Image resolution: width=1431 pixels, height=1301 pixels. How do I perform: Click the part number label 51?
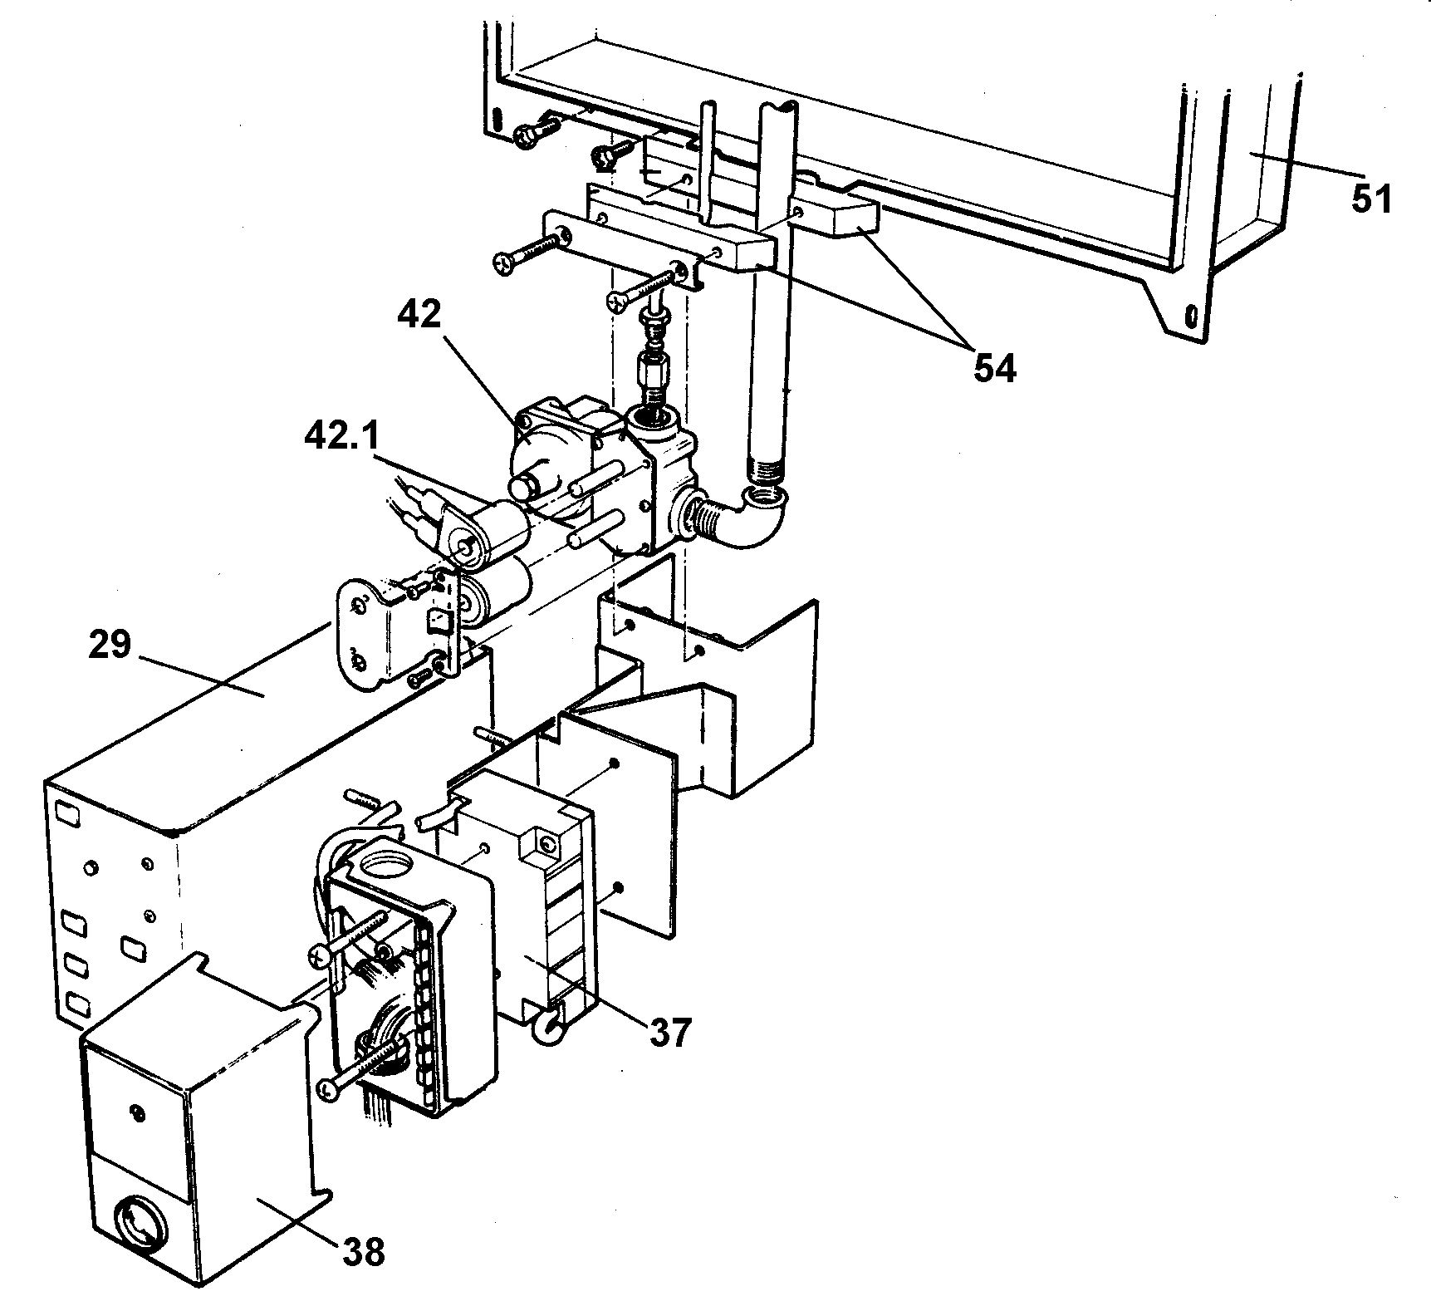(x=1370, y=199)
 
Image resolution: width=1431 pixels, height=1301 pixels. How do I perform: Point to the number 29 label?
(x=110, y=644)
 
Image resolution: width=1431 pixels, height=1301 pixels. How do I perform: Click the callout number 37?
(x=669, y=1033)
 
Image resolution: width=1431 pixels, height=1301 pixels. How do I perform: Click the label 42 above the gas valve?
(x=419, y=315)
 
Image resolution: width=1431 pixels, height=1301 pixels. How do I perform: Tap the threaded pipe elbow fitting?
(x=752, y=519)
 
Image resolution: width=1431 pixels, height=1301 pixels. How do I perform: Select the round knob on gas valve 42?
(x=528, y=486)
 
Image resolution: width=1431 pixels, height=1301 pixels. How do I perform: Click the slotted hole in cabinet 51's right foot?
(x=1190, y=316)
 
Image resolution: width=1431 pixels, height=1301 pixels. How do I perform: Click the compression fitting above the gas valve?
(x=650, y=366)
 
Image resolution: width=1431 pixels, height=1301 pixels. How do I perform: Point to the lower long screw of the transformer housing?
(x=357, y=1072)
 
